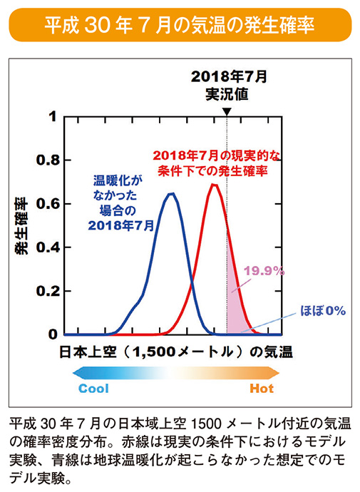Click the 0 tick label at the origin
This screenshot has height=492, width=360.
coord(51,334)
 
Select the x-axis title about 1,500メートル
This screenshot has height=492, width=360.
coord(171,352)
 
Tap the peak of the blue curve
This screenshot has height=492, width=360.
coord(171,193)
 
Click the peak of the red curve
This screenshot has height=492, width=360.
coord(214,185)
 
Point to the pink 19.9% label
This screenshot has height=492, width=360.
coord(264,271)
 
